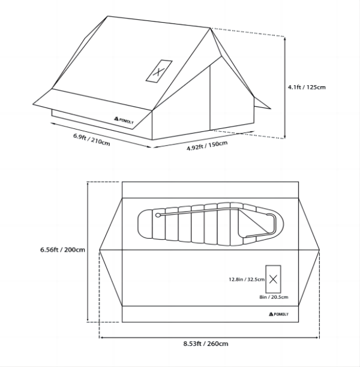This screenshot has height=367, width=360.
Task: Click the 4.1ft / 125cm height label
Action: click(x=307, y=87)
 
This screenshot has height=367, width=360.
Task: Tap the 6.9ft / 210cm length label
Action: click(x=92, y=140)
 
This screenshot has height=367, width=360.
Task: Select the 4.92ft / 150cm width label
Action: click(x=207, y=146)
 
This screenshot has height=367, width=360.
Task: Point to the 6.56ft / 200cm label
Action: click(x=62, y=249)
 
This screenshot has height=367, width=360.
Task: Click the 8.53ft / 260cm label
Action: click(x=206, y=344)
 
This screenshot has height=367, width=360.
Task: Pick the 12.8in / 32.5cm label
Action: click(x=247, y=279)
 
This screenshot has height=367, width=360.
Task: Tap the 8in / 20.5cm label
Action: click(x=274, y=297)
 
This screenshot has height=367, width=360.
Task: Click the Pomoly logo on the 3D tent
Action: click(x=124, y=120)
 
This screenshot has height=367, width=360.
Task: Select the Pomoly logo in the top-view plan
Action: click(x=278, y=314)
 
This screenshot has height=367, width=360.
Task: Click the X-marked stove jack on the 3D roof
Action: click(x=159, y=71)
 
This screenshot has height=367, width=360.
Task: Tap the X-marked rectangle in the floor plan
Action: click(x=273, y=279)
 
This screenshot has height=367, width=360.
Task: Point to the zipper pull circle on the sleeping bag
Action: click(x=158, y=215)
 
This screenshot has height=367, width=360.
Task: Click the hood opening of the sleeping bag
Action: click(x=257, y=222)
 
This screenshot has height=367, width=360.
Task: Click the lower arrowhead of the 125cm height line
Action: click(x=285, y=137)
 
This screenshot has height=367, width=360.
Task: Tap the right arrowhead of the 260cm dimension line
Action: click(x=317, y=338)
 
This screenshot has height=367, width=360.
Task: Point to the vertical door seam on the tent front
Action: click(x=210, y=98)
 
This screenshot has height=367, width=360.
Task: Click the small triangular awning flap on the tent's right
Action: click(x=261, y=104)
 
